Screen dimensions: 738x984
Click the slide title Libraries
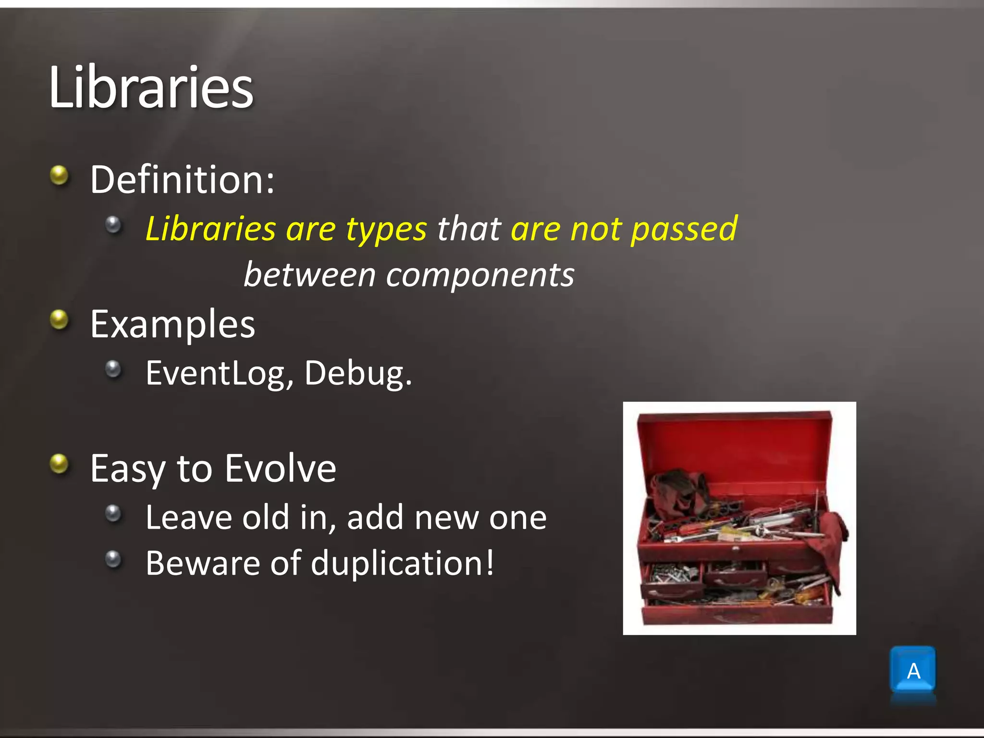click(x=151, y=87)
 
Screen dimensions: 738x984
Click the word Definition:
click(x=183, y=180)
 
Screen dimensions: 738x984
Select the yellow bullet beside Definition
click(x=60, y=175)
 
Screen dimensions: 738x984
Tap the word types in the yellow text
click(x=386, y=230)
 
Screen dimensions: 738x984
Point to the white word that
click(x=469, y=229)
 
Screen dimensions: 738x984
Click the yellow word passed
click(x=684, y=230)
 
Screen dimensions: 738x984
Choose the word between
click(x=309, y=275)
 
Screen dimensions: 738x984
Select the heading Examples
click(x=172, y=324)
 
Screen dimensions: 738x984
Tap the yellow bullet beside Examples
click(x=60, y=320)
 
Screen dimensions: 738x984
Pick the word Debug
click(x=358, y=374)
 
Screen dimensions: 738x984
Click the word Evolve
click(x=281, y=468)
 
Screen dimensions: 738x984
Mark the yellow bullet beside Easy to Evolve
click(x=60, y=464)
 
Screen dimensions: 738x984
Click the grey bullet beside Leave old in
click(x=113, y=514)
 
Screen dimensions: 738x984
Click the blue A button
click(x=912, y=670)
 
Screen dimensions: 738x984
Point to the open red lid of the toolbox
click(x=735, y=447)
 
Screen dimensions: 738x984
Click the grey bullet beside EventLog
click(x=113, y=369)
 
